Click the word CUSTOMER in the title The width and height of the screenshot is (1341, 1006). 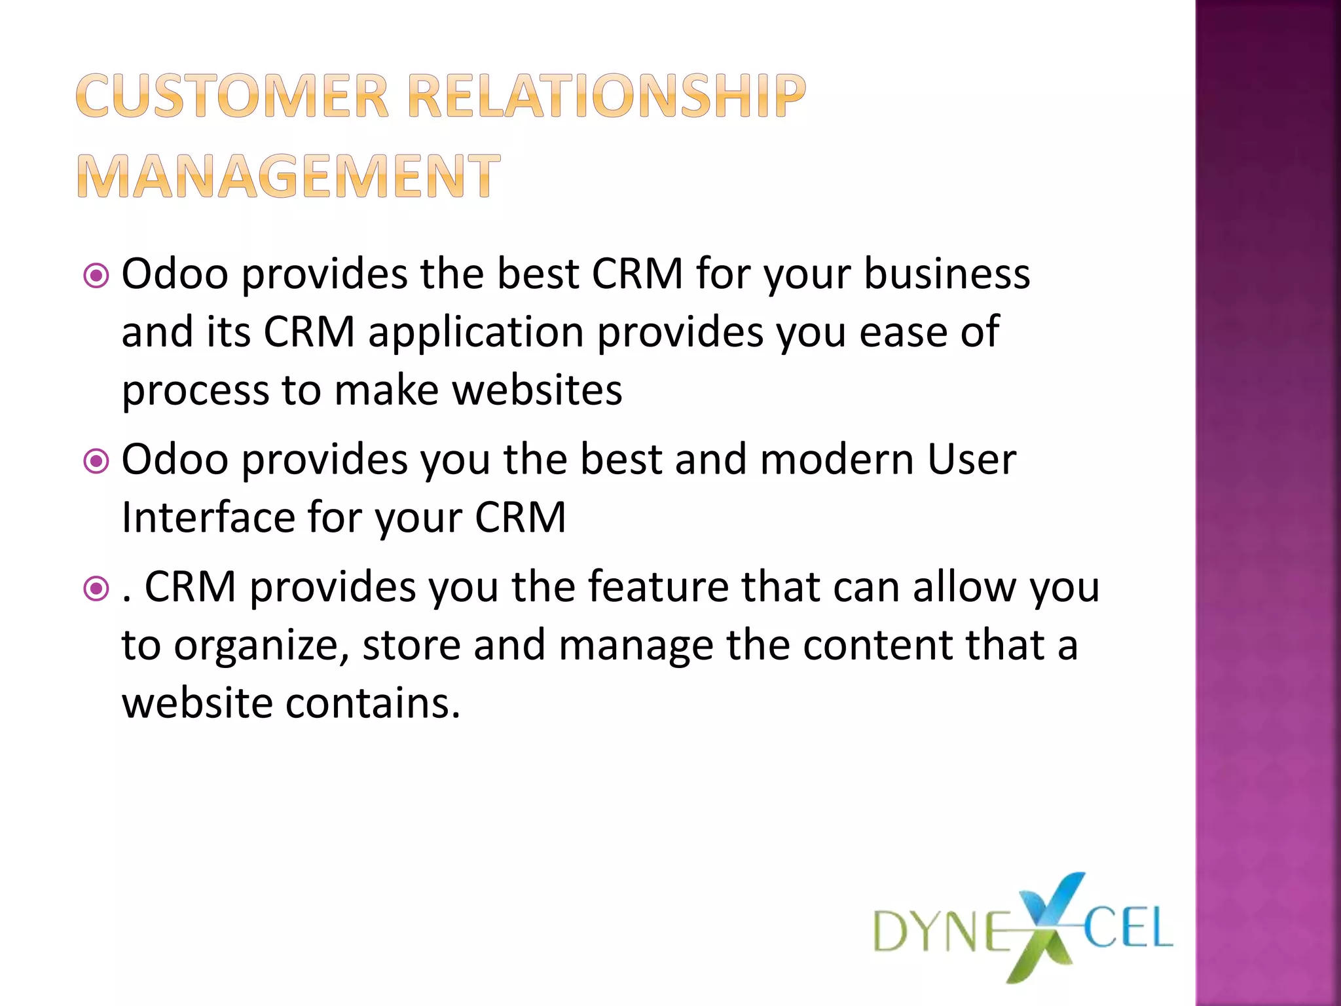pos(232,96)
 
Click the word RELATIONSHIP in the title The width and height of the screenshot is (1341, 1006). pos(606,96)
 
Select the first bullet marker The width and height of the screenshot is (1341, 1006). pos(96,276)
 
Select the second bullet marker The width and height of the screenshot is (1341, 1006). pos(96,462)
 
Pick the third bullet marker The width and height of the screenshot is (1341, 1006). pos(96,589)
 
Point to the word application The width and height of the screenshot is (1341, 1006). pos(475,333)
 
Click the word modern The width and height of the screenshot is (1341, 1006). pos(837,459)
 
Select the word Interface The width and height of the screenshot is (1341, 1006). pos(208,517)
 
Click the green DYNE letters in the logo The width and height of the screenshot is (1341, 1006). pos(943,931)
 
